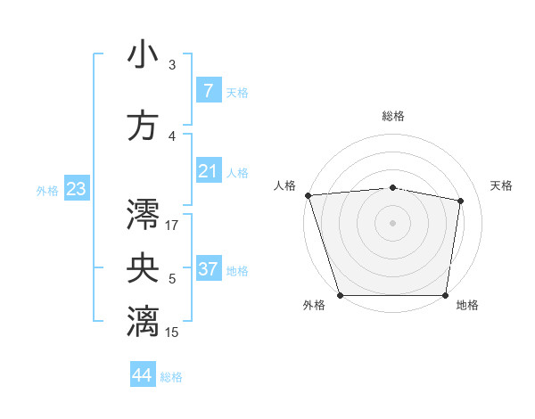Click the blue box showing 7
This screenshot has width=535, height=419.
pyautogui.click(x=208, y=91)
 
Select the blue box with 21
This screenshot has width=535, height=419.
pyautogui.click(x=208, y=171)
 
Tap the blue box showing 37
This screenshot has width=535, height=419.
pyautogui.click(x=208, y=269)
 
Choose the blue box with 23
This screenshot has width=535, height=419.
pyautogui.click(x=76, y=189)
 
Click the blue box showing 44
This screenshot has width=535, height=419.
pyautogui.click(x=143, y=376)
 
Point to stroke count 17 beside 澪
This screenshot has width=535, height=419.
pyautogui.click(x=172, y=225)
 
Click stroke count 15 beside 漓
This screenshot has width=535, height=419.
pyautogui.click(x=172, y=333)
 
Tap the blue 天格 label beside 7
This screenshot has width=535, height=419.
pyautogui.click(x=237, y=92)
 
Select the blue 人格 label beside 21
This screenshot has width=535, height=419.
pyautogui.click(x=237, y=172)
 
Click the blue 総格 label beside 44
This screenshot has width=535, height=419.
pyautogui.click(x=171, y=377)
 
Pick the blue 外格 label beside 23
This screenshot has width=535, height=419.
pyautogui.click(x=47, y=190)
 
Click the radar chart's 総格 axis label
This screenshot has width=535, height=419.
pyautogui.click(x=392, y=116)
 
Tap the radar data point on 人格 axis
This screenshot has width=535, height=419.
pyautogui.click(x=308, y=195)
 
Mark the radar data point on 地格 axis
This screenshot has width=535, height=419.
pyautogui.click(x=445, y=295)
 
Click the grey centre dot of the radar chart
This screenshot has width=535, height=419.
pyautogui.click(x=392, y=223)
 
